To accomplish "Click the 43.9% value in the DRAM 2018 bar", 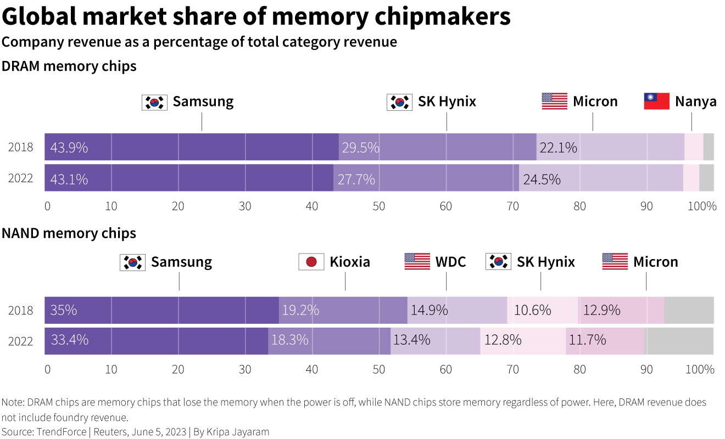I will click(69, 148).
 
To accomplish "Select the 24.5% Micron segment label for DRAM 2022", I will click(542, 179).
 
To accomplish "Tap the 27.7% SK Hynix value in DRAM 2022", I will click(356, 179).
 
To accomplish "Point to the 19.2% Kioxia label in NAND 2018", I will click(300, 310).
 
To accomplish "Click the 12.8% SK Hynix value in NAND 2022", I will click(503, 340).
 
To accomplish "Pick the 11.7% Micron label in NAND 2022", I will click(587, 340).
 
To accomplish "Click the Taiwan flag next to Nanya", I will click(656, 102).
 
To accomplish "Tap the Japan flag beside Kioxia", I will click(311, 262).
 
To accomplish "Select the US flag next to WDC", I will click(417, 262).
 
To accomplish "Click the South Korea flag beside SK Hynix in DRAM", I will click(399, 102).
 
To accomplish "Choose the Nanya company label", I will click(695, 102).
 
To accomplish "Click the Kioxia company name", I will click(350, 262).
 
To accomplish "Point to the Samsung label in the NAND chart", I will click(181, 262).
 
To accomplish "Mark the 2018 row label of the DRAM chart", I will click(21, 148).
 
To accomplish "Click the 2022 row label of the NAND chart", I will click(21, 341).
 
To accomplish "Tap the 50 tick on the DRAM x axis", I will click(379, 207).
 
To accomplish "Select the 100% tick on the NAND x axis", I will click(700, 369).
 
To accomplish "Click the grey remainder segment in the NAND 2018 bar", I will click(689, 310).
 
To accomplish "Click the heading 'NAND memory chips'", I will click(69, 233).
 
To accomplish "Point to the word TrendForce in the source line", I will click(61, 432).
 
